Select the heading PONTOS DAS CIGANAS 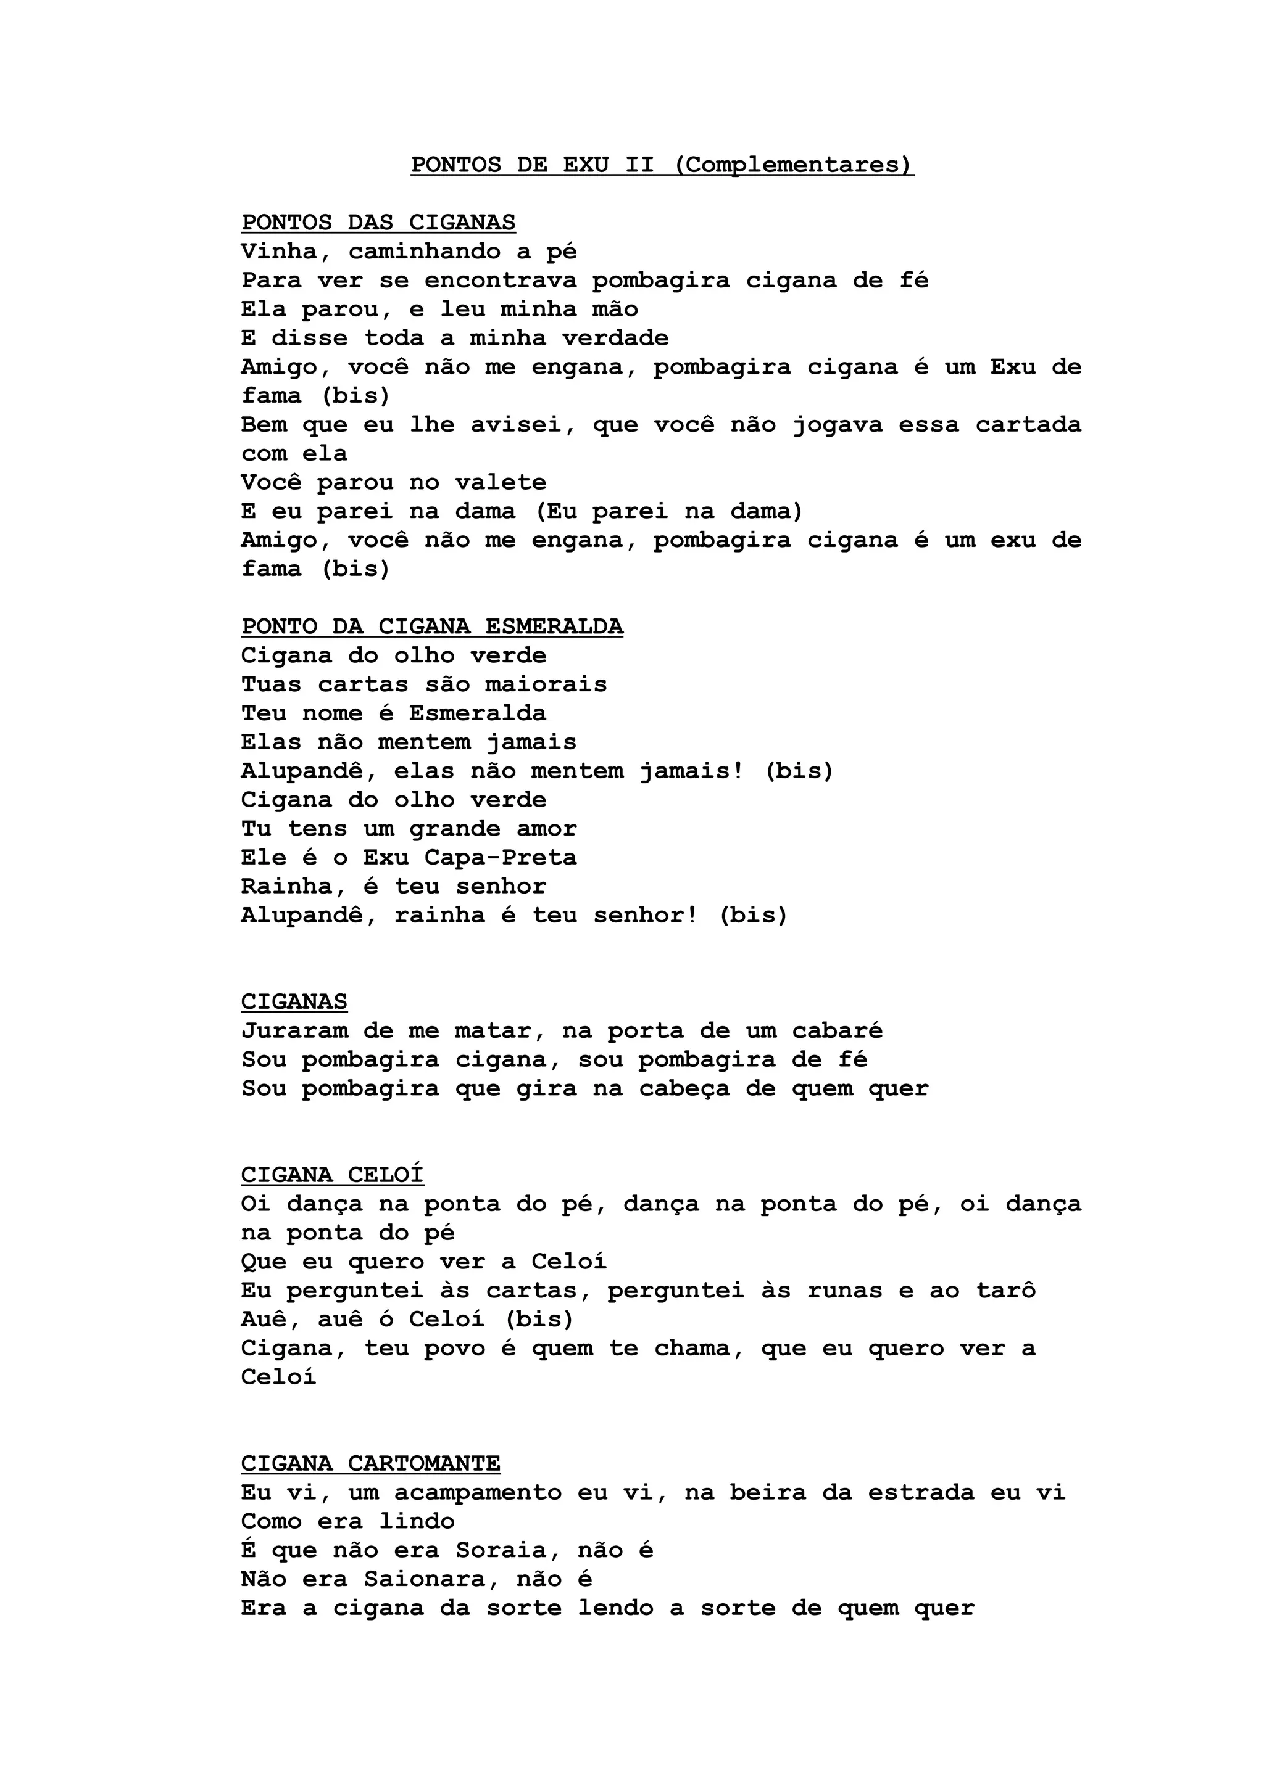(378, 223)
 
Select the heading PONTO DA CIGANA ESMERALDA (432, 626)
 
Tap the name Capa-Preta (501, 858)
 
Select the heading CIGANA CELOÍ (333, 1175)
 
